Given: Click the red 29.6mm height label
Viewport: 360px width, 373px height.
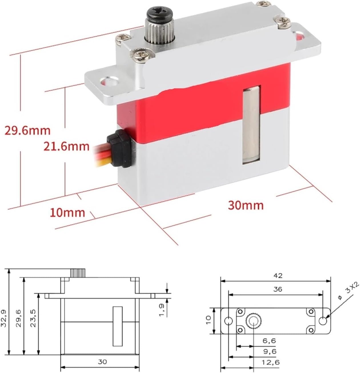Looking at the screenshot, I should (x=27, y=131).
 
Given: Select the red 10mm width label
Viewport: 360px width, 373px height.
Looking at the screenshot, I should (x=67, y=212).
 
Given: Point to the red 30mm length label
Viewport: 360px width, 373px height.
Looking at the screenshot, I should (x=246, y=205).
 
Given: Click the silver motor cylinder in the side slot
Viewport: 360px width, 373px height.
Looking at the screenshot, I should (x=251, y=125).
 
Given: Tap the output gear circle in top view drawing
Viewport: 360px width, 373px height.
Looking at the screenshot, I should (x=253, y=321).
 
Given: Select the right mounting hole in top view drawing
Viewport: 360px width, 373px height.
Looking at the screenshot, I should (x=323, y=321).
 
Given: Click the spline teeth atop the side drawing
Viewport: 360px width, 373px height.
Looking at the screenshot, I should (x=78, y=273).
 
